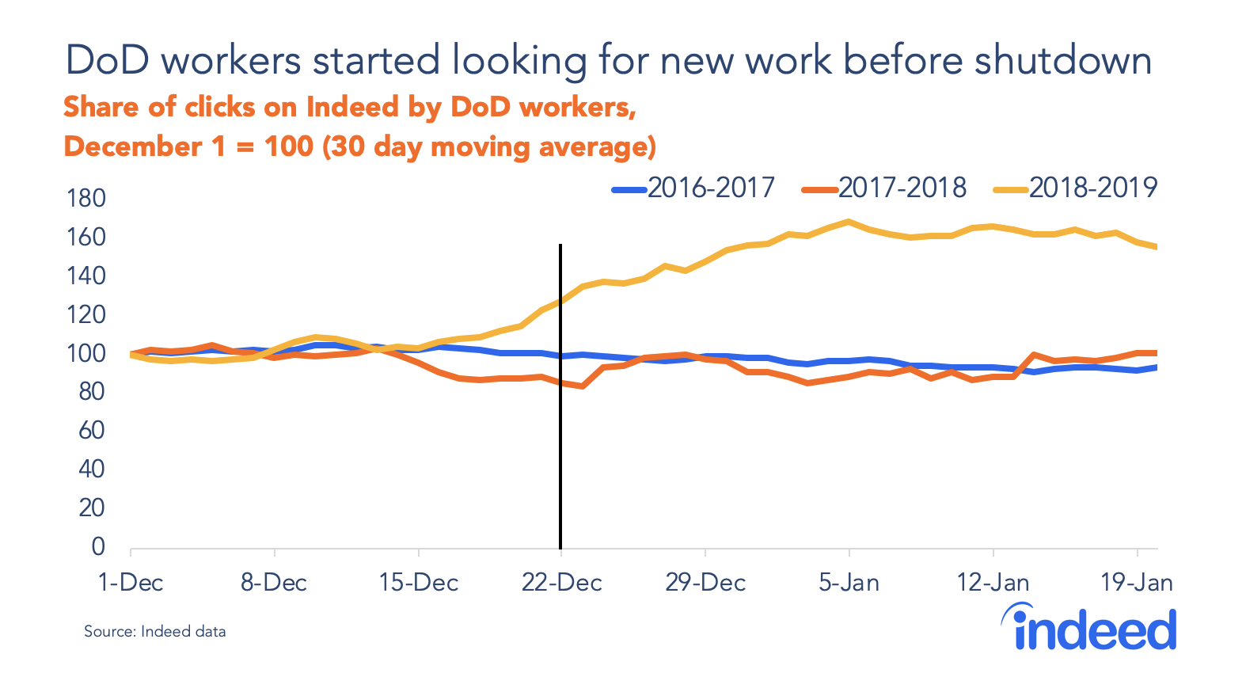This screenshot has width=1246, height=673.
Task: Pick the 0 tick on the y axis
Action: [98, 547]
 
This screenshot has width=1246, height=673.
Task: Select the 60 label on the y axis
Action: [92, 431]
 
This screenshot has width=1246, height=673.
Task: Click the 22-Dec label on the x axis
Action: [561, 584]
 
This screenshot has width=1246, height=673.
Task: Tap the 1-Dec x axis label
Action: [131, 584]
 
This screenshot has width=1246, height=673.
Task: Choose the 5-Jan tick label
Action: [849, 584]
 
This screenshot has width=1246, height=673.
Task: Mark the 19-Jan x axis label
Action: [1137, 584]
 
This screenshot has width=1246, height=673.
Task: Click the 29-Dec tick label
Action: [705, 584]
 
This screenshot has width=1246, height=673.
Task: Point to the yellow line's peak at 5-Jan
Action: [849, 222]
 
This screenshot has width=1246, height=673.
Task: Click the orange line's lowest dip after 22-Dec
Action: [583, 386]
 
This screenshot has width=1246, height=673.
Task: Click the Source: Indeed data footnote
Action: [155, 632]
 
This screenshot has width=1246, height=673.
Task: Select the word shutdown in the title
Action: [1062, 61]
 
